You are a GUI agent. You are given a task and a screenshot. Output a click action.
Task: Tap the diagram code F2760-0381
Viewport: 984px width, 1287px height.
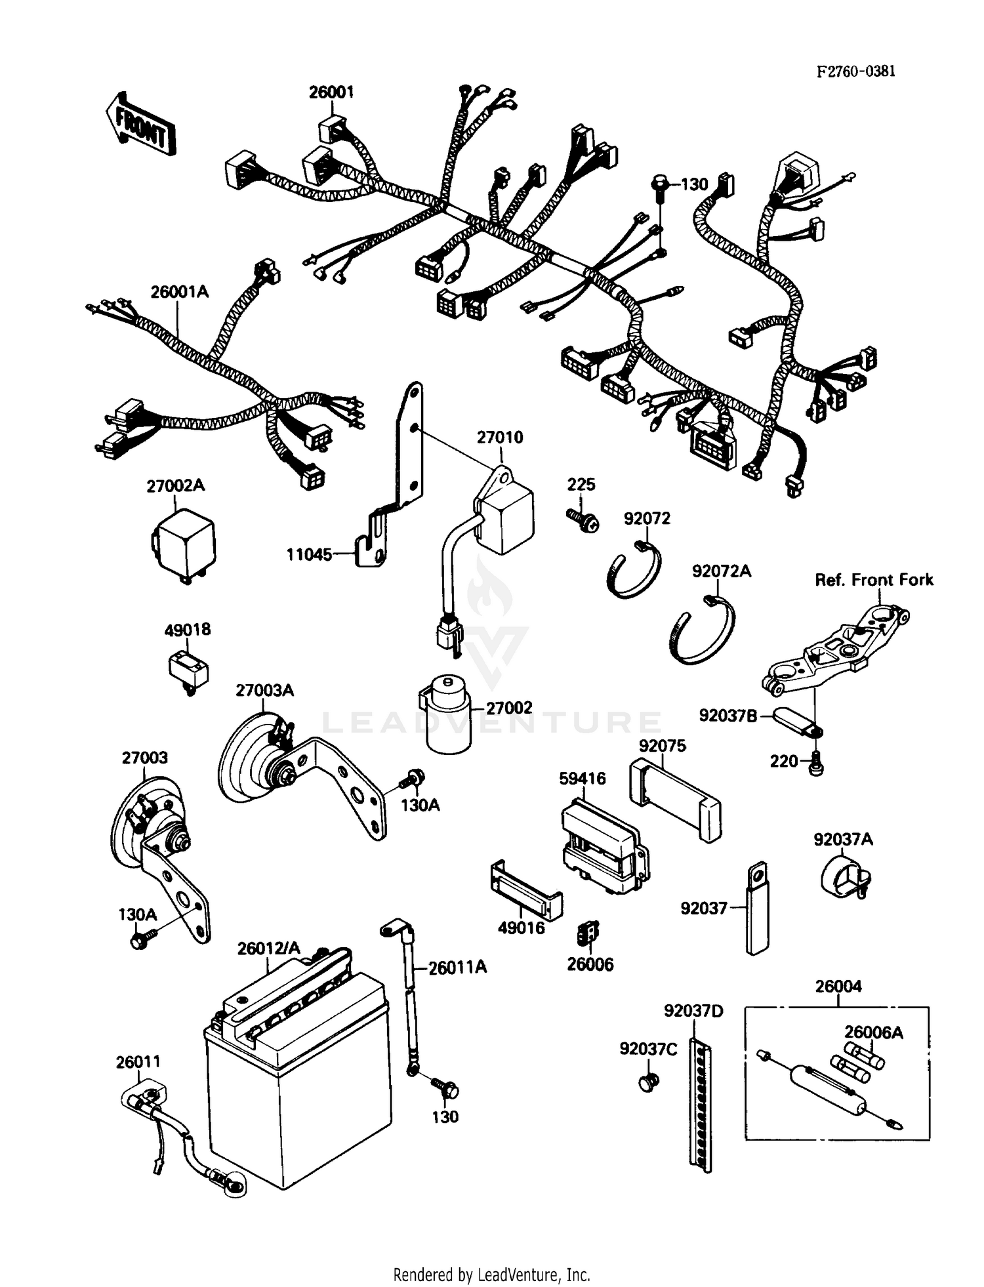point(855,71)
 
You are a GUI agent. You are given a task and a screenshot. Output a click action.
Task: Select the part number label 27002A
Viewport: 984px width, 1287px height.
point(175,486)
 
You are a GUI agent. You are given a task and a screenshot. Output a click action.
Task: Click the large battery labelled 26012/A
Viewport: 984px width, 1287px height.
point(298,1076)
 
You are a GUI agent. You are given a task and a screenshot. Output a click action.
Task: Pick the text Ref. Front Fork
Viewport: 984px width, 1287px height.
point(873,580)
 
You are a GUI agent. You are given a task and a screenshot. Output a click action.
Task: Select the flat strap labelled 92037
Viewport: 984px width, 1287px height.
point(757,909)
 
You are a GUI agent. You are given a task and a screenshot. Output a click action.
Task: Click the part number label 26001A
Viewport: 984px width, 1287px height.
point(179,292)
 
